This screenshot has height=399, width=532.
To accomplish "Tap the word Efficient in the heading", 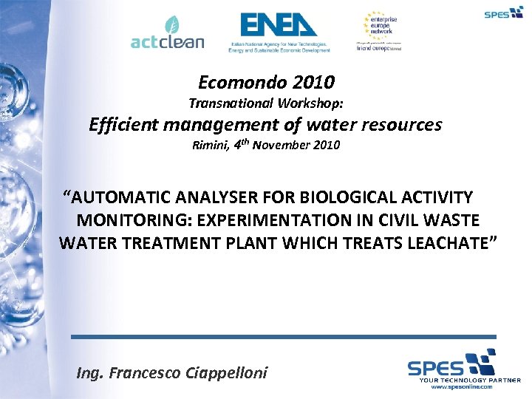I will click(x=123, y=125).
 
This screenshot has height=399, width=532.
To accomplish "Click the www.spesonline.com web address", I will click(x=460, y=386).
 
